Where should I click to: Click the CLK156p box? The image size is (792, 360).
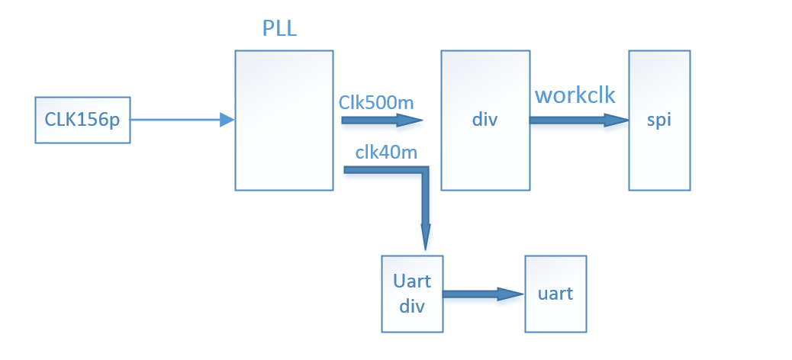point(83,120)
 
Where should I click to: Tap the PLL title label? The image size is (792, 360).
point(279,30)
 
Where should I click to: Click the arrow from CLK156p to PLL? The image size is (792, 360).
point(179,120)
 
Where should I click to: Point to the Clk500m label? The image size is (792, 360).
point(377,101)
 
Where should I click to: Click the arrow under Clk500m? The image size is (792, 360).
point(382,120)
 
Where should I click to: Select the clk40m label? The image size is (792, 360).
point(386,151)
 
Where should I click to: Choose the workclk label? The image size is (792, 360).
point(575,95)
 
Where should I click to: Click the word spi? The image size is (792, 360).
point(659,120)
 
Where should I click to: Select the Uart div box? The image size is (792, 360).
point(412,294)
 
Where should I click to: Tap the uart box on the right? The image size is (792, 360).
point(555,294)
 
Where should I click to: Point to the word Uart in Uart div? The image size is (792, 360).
point(412,281)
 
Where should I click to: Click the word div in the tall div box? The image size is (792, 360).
point(485,120)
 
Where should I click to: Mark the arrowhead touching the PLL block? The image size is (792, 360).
point(227,120)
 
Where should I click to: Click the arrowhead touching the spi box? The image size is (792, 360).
point(617,120)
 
